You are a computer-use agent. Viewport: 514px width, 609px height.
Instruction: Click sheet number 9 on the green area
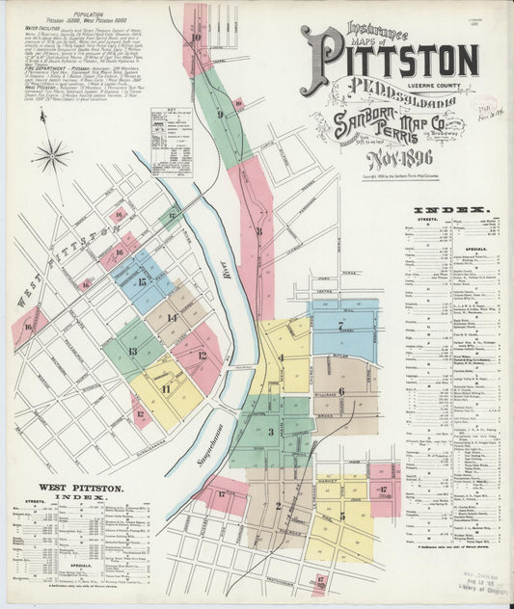click(x=220, y=115)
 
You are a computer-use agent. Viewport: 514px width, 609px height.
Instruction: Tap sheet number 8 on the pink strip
click(x=258, y=231)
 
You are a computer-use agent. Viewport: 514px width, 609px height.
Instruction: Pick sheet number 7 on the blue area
click(x=341, y=325)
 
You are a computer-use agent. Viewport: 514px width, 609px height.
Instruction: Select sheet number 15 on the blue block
click(x=142, y=282)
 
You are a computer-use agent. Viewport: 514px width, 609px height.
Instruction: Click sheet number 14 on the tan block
click(x=172, y=317)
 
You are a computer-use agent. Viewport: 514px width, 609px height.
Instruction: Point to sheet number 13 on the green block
click(x=133, y=351)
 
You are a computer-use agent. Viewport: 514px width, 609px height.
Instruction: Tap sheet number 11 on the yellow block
click(x=166, y=389)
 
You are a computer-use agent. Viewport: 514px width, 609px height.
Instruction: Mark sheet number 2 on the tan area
click(x=278, y=505)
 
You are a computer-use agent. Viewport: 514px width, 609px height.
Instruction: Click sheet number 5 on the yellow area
click(x=341, y=516)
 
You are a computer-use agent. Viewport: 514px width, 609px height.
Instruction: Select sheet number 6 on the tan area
click(x=341, y=391)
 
